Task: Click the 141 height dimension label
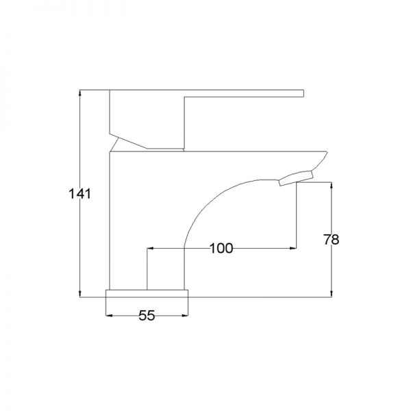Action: [79, 194]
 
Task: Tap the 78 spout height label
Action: [331, 239]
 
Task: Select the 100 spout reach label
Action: [221, 248]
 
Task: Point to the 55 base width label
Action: [147, 315]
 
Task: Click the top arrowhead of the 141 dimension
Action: [79, 93]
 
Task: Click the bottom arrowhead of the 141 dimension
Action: [79, 294]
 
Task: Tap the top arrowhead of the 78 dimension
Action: [332, 186]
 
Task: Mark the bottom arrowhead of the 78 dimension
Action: [332, 294]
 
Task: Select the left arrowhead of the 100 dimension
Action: [151, 248]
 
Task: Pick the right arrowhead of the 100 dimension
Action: [292, 248]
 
